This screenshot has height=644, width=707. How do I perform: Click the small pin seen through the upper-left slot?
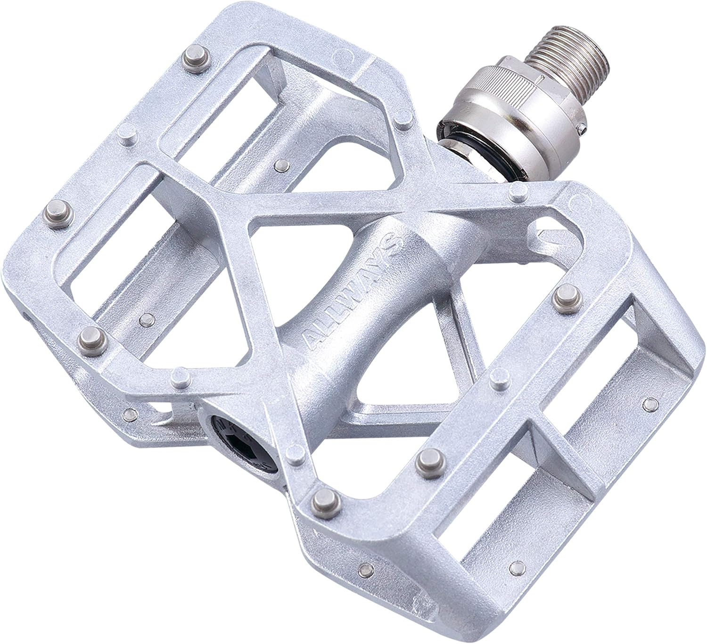tap(282, 164)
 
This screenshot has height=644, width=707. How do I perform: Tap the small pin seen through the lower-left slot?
tap(146, 319)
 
